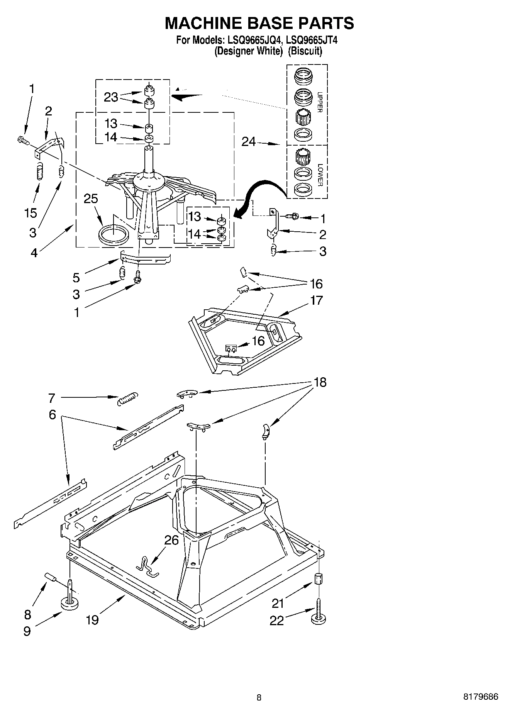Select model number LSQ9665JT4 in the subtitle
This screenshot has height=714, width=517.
pyautogui.click(x=312, y=40)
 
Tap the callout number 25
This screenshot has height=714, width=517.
pyautogui.click(x=91, y=198)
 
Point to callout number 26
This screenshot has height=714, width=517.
pyautogui.click(x=171, y=540)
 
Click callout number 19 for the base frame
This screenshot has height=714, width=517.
pyautogui.click(x=92, y=620)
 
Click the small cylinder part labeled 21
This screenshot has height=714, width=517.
pyautogui.click(x=319, y=579)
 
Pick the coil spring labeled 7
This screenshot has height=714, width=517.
pyautogui.click(x=127, y=398)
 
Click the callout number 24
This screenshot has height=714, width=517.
pyautogui.click(x=249, y=142)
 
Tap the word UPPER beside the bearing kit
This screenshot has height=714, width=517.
pyautogui.click(x=319, y=102)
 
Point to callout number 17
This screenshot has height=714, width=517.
pyautogui.click(x=316, y=300)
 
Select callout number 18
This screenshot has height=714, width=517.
pyautogui.click(x=320, y=382)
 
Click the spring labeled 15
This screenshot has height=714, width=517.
pyautogui.click(x=39, y=172)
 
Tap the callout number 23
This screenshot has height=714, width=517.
pyautogui.click(x=111, y=97)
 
